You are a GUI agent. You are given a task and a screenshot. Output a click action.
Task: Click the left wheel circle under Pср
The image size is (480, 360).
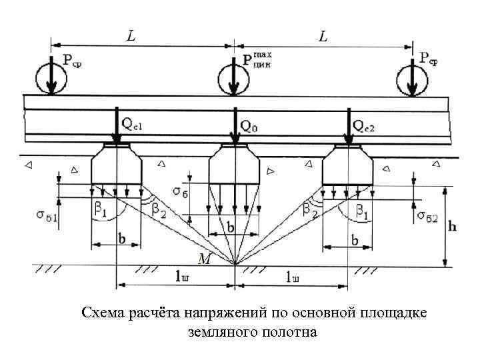(51, 78)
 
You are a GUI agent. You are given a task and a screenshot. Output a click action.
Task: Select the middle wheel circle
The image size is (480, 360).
(234, 78)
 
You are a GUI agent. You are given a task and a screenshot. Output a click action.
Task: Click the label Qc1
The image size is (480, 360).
(132, 124)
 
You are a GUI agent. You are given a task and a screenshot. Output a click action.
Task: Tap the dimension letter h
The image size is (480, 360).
(453, 227)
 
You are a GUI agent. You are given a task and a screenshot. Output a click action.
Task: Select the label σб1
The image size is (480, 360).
(46, 215)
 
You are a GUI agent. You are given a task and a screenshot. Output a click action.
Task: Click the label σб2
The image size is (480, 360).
(427, 215)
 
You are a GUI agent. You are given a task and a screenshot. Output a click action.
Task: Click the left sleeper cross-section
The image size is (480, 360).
(116, 167)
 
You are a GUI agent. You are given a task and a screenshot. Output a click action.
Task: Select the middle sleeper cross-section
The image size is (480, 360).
(234, 167)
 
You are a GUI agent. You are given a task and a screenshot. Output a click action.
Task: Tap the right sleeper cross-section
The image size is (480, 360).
(347, 167)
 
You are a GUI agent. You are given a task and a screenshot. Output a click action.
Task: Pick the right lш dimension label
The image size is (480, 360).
(291, 276)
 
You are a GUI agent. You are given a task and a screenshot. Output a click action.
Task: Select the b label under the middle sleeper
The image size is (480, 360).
(229, 227)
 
